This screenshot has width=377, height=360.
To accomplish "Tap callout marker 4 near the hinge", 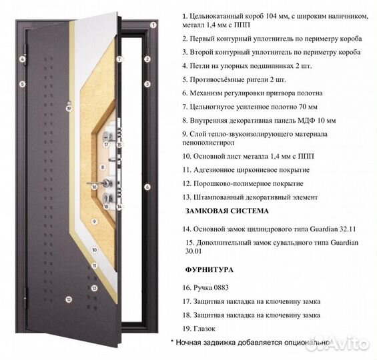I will tap(22, 59).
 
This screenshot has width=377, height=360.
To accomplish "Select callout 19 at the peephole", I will tap(68, 108).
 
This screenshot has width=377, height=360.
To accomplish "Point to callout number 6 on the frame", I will tap(147, 187).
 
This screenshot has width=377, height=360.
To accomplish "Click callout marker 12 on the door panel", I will tap(68, 299).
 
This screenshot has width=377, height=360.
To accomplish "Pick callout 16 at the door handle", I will tap(94, 187).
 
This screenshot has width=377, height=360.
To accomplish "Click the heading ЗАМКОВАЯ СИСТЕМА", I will tap(227, 211).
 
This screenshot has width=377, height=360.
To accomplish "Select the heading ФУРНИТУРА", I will tap(209, 270).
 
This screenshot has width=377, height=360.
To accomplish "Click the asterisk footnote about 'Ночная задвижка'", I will tap(251, 342).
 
